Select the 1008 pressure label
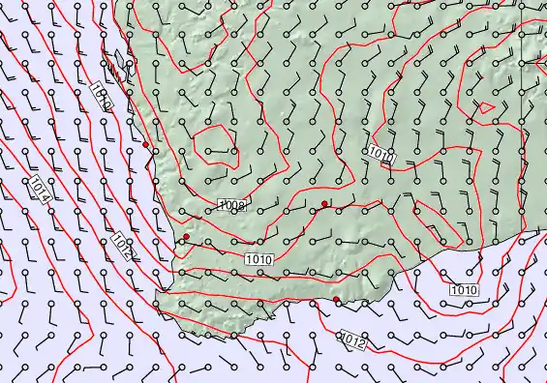tap(232, 205)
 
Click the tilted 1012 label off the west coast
tap(123, 247)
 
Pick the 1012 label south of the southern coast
tap(354, 339)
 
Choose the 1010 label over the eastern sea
tap(465, 289)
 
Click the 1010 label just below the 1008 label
tap(258, 258)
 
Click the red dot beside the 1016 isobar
tap(146, 145)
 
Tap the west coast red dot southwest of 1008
tap(186, 237)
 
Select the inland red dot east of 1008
tap(324, 203)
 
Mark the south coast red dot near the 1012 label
tap(337, 300)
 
